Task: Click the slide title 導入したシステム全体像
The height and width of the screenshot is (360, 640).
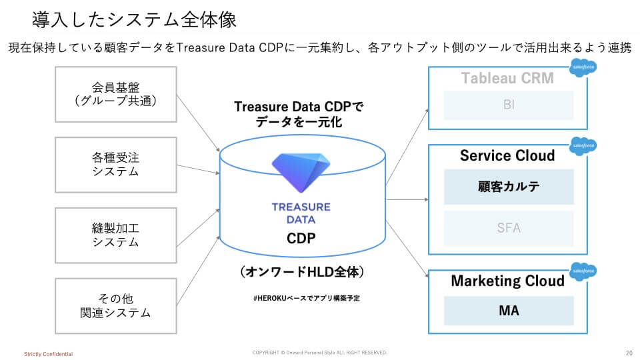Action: [x=134, y=19]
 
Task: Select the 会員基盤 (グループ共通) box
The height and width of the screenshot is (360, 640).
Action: [x=115, y=94]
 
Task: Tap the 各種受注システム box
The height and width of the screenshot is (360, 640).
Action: [x=115, y=165]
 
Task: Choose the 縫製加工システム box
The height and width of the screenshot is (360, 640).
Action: [x=115, y=235]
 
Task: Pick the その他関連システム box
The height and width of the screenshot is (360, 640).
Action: [x=115, y=305]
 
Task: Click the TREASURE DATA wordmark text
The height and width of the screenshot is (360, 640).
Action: [x=301, y=213]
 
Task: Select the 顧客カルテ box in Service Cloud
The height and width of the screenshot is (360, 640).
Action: [x=509, y=187]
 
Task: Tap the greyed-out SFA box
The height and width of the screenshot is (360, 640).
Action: [x=509, y=228]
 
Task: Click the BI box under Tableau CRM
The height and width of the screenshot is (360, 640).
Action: [x=509, y=105]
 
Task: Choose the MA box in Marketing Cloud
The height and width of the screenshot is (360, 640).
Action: [x=509, y=311]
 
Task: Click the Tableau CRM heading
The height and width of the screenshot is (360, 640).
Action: [x=507, y=78]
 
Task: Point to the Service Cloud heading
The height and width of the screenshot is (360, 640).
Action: [x=507, y=155]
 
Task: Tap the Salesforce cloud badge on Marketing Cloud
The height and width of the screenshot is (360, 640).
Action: [x=583, y=271]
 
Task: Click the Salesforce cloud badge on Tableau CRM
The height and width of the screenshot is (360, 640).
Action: [x=583, y=68]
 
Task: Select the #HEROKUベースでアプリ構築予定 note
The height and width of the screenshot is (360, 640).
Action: [x=307, y=298]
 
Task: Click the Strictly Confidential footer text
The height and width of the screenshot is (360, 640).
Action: [x=48, y=353]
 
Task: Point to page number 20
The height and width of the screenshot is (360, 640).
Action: [x=629, y=353]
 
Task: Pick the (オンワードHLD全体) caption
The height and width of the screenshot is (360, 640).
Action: [x=302, y=273]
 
